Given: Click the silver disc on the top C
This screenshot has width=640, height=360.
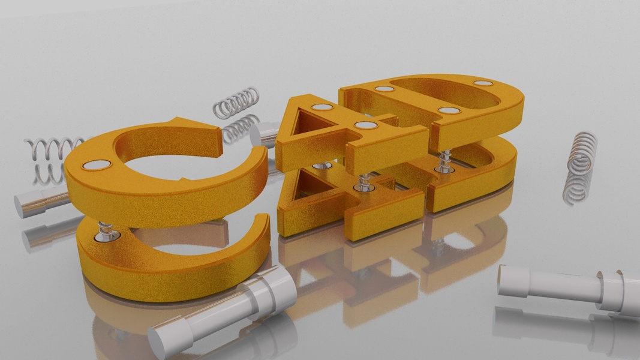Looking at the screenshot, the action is pos(97,165).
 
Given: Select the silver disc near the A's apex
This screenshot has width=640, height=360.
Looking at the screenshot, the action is pos(322,107).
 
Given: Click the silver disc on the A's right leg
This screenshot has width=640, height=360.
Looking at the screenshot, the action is pos(366,125).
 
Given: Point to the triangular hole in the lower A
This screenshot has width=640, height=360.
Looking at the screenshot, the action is pos(310,184).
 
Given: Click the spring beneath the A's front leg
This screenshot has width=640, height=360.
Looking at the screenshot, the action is pos(363,182).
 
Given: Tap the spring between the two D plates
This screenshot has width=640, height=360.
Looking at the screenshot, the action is pos(444,161).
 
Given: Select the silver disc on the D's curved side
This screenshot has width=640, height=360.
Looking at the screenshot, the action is pos(483,83).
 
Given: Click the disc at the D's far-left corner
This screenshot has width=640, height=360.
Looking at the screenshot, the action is pos(384,89).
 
